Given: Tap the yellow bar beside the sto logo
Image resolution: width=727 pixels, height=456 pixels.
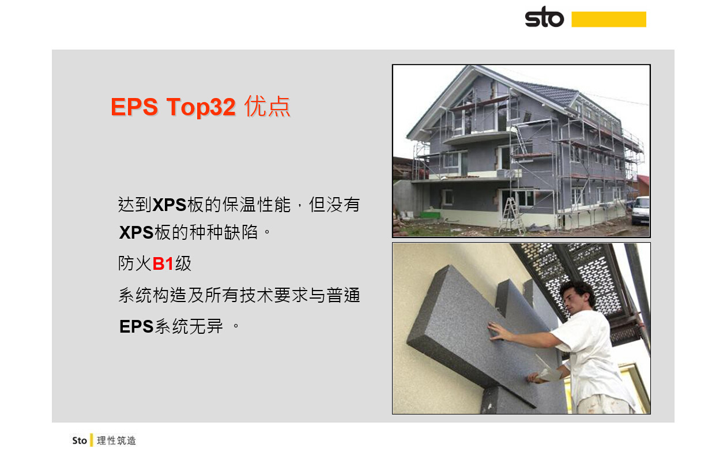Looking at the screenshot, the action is point(609,19).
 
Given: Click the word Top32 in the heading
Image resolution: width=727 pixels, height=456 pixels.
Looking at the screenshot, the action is point(201,107).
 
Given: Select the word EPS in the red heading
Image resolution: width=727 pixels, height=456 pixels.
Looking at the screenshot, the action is point(134,107).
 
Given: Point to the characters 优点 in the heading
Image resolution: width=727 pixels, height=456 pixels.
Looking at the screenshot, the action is point(268,106).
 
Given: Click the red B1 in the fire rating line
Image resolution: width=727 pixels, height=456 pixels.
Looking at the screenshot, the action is point(163,263).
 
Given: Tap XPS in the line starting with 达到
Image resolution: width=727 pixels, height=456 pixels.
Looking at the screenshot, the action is point(169,205).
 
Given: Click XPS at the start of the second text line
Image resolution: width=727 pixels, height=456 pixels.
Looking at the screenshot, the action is point(136,233).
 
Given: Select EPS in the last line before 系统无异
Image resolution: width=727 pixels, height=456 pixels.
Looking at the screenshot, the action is point(136,326).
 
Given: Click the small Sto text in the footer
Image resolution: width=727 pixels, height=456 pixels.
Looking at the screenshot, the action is point(80,440).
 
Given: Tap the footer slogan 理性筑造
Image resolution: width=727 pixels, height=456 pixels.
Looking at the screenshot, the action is point(116,440).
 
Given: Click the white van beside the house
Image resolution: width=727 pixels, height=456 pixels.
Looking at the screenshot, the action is point(641,210).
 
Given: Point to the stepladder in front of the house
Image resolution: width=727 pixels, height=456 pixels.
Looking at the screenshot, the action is point(511,215).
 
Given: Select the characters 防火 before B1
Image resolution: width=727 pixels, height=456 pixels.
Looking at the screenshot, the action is point(134,263).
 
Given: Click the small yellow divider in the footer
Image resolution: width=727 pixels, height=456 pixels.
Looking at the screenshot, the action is point(92,440).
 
